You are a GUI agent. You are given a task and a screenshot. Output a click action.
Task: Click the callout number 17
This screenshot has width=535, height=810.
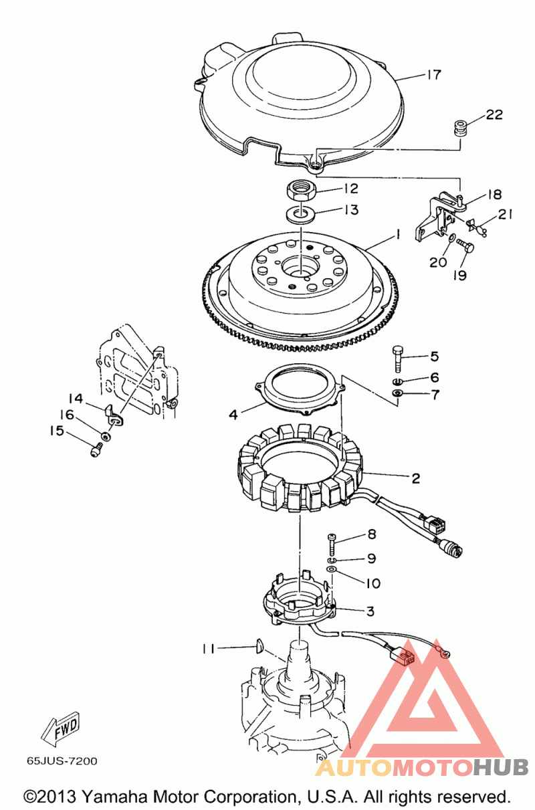pos(434,74)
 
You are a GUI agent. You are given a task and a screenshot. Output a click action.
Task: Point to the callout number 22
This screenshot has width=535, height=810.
pos(494,114)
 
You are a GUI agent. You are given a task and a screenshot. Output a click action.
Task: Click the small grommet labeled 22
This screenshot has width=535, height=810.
pos(461,130)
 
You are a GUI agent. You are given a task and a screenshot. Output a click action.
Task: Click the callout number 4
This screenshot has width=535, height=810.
pos(233,415)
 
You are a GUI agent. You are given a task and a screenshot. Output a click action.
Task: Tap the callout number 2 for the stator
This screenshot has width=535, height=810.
pos(416,478)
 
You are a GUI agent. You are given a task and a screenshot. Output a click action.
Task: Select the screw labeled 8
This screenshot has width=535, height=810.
pos(332,546)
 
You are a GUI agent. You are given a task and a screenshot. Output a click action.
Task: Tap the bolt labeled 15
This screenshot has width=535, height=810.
pos(96,451)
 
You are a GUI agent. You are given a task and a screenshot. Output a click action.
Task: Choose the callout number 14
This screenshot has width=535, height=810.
pos(76,399)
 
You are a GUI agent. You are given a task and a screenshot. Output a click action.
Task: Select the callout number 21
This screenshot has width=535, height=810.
pos(505,215)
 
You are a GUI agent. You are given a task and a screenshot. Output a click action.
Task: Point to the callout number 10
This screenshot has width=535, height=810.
pos(373,583)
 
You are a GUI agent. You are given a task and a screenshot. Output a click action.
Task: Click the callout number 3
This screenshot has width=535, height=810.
pos(370,611)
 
